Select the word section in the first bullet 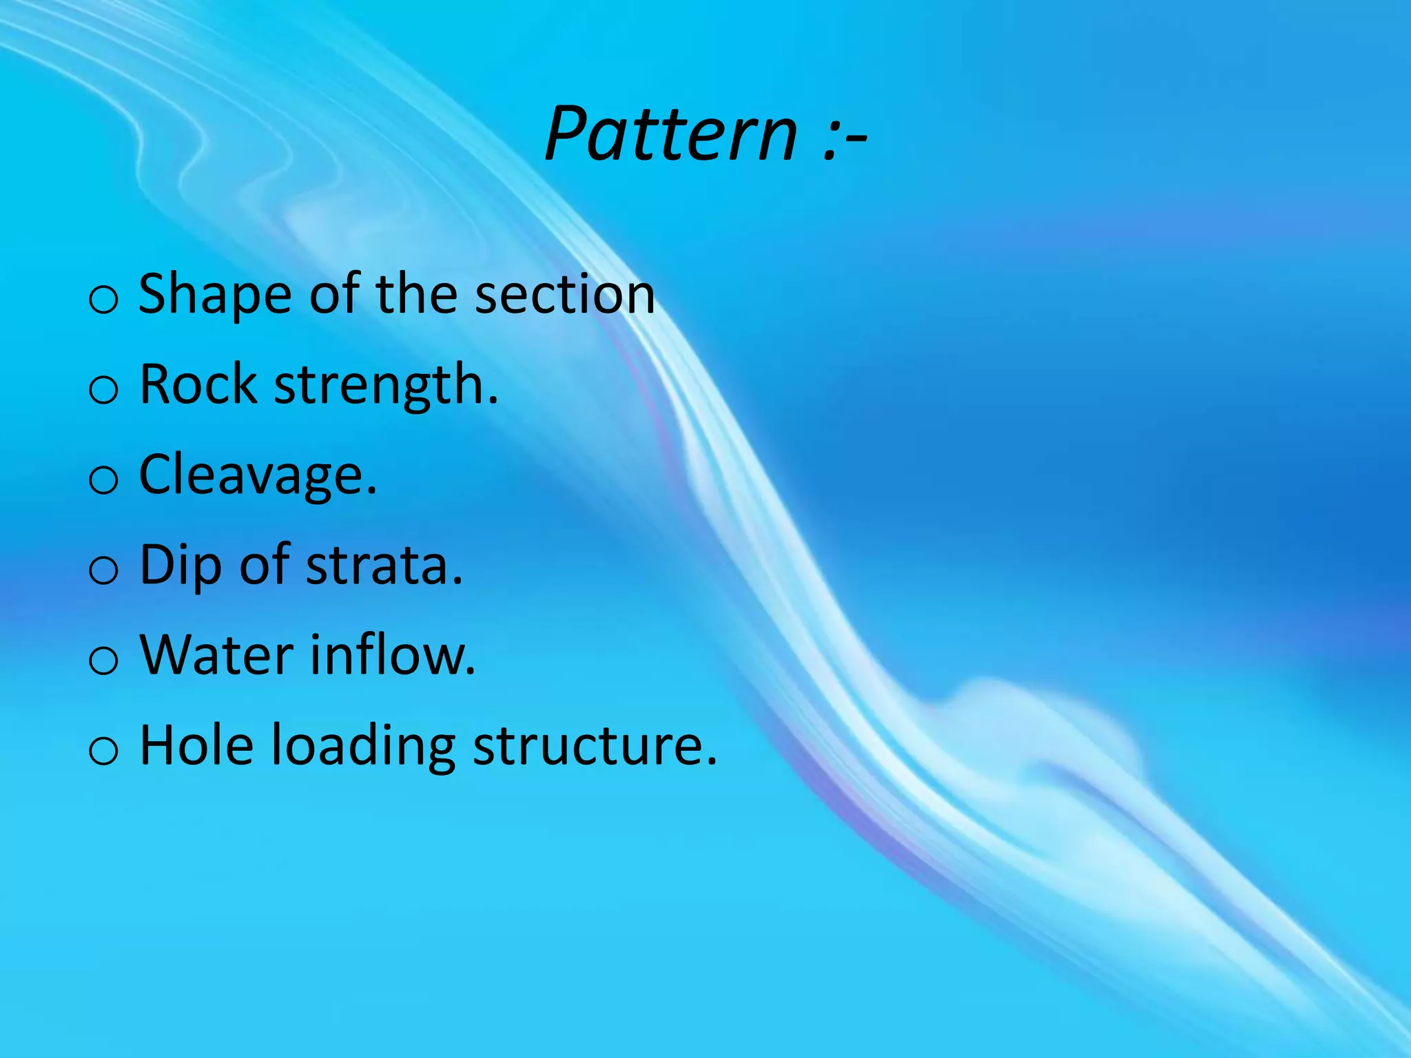(565, 295)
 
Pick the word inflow (392, 655)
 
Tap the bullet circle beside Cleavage (104, 481)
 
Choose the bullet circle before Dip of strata (104, 571)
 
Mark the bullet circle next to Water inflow (104, 661)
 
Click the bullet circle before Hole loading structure (104, 751)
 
